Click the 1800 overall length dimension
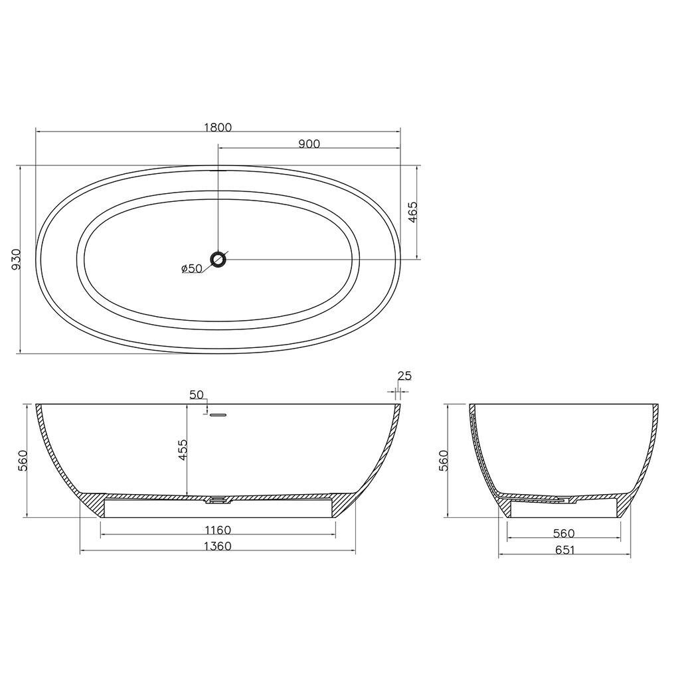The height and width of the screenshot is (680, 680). click(x=217, y=127)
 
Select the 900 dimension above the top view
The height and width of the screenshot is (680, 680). click(x=309, y=143)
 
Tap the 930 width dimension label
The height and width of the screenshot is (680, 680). click(x=16, y=260)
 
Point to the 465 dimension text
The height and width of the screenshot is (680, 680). click(x=412, y=212)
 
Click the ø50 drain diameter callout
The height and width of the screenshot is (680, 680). click(x=192, y=268)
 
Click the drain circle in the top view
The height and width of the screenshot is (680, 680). click(x=218, y=259)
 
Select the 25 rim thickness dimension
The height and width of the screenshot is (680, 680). click(x=404, y=376)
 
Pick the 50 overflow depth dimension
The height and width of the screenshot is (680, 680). click(x=197, y=394)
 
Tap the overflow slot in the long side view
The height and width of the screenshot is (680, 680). click(x=218, y=414)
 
